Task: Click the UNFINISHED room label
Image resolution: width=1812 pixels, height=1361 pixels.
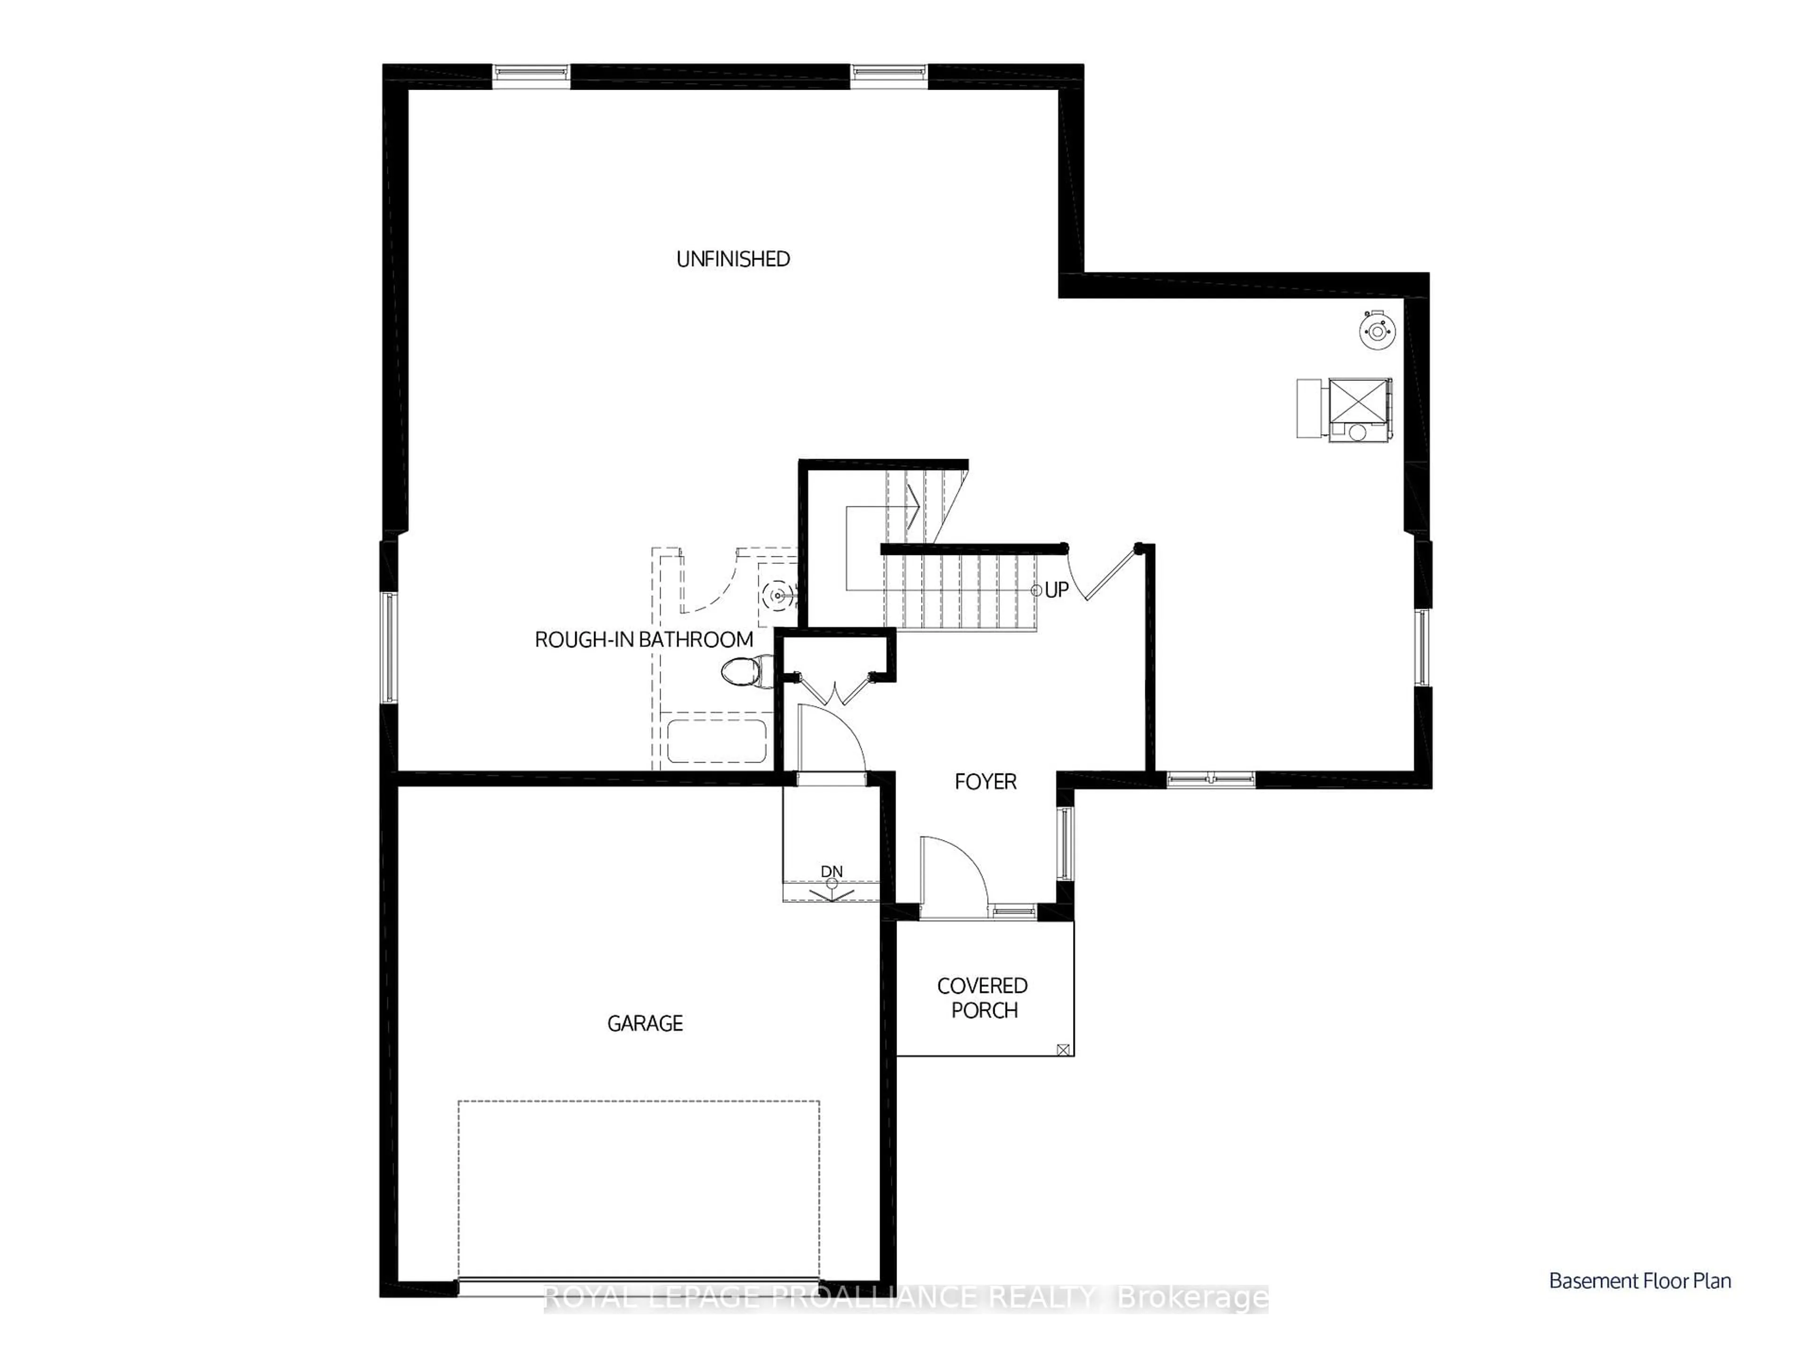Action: [x=733, y=259]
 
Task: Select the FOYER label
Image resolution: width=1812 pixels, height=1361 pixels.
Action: [x=985, y=781]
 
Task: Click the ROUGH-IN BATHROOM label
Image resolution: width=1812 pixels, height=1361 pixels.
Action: [x=644, y=640]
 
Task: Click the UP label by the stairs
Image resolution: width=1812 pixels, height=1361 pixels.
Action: [x=1057, y=590]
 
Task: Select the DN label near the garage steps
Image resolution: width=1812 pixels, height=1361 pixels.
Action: [x=831, y=871]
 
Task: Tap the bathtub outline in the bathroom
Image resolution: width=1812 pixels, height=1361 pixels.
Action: [x=717, y=741]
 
